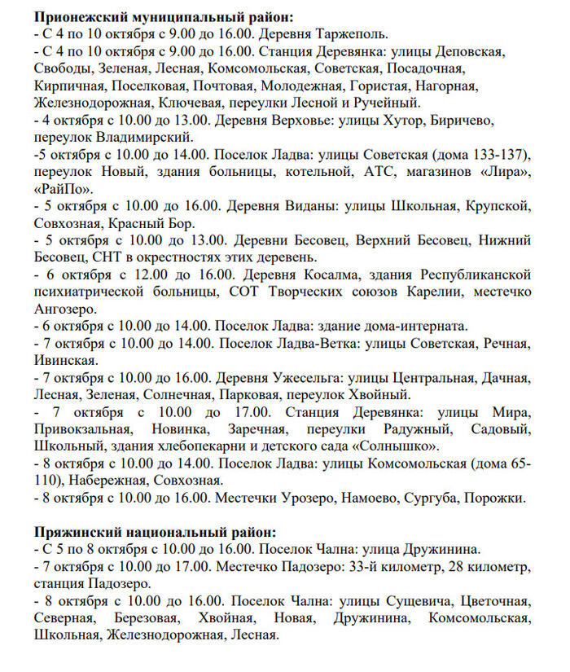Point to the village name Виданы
pos(307,207)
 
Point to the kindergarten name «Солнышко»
pos(396,446)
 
